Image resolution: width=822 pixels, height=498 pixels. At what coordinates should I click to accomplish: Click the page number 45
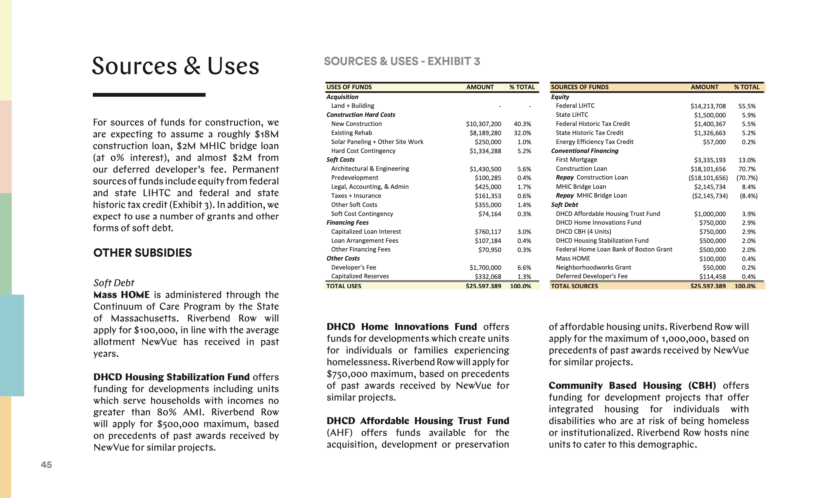(46, 465)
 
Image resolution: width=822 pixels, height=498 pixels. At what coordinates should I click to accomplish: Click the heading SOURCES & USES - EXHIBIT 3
(402, 61)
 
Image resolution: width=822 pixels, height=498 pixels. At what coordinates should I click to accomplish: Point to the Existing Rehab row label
(351, 133)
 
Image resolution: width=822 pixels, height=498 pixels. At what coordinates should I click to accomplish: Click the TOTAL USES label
(344, 286)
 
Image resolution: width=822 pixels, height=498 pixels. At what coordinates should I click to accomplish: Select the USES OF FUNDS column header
(349, 87)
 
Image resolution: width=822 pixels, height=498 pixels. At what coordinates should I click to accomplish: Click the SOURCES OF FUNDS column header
(579, 87)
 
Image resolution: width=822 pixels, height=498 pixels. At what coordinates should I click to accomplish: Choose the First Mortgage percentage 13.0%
(747, 160)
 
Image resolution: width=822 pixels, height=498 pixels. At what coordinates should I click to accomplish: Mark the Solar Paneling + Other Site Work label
(377, 142)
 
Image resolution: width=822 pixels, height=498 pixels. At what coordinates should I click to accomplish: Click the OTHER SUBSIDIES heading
(142, 253)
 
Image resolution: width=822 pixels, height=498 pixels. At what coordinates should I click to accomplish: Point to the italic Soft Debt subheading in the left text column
(114, 283)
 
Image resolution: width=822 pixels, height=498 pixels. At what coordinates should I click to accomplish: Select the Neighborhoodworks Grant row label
(593, 267)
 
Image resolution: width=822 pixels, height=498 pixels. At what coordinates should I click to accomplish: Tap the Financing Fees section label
(347, 222)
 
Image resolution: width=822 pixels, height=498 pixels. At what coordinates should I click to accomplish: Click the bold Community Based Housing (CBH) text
(632, 385)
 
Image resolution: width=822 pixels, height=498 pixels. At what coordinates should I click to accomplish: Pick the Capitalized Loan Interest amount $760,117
(488, 232)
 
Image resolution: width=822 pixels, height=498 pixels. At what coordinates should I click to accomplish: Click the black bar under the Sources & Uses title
(149, 95)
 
